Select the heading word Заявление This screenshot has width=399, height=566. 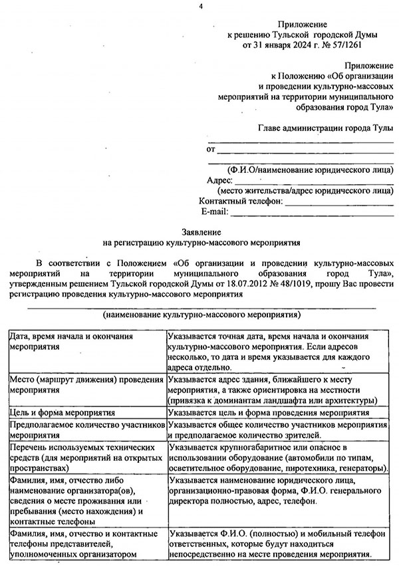pos(199,230)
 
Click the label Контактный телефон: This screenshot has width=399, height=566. pos(241,202)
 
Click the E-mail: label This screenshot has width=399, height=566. pos(214,212)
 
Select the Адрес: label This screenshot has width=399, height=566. pos(219,180)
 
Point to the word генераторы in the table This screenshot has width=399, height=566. pos(364,469)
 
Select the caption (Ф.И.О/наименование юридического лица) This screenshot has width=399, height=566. pos(309,170)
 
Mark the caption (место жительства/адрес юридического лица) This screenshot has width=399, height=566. pos(309,191)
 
